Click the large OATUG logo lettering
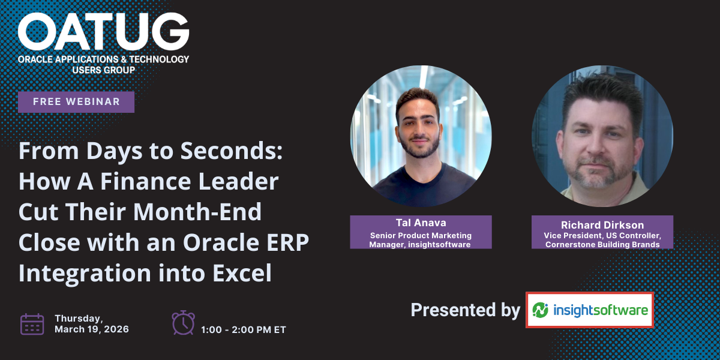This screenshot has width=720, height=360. (x=103, y=31)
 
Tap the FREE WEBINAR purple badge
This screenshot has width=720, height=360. (x=76, y=102)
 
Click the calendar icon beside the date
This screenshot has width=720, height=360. (x=32, y=324)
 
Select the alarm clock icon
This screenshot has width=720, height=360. (x=183, y=323)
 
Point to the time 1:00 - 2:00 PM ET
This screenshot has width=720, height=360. (x=244, y=330)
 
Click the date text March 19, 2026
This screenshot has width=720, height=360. (x=92, y=329)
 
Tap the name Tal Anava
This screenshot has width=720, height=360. (x=421, y=223)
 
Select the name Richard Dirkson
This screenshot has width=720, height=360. (x=602, y=224)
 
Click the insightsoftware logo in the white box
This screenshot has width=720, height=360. (x=590, y=310)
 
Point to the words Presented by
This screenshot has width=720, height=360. (x=466, y=310)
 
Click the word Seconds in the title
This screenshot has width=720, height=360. (x=232, y=151)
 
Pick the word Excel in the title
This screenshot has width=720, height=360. (x=242, y=272)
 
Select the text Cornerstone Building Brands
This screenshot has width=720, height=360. (x=602, y=245)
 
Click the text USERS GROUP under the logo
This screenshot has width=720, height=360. (x=103, y=70)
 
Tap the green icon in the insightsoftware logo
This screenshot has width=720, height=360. (x=540, y=310)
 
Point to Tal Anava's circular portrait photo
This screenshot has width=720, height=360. (x=421, y=136)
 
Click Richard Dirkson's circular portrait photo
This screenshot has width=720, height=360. (x=602, y=136)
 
